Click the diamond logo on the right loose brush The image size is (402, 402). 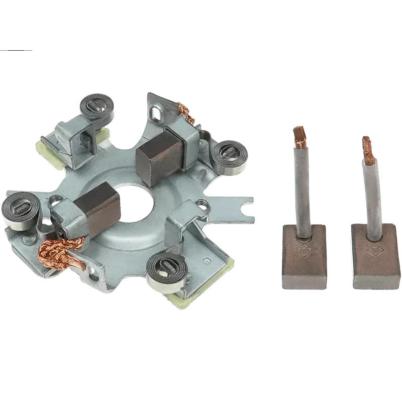point(373,249)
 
